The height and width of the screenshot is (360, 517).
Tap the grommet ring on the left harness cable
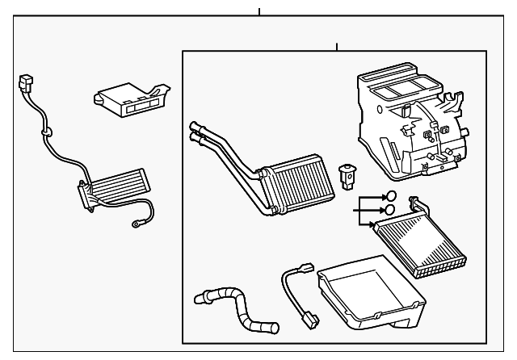(46, 129)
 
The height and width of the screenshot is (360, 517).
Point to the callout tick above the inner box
(335, 46)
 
